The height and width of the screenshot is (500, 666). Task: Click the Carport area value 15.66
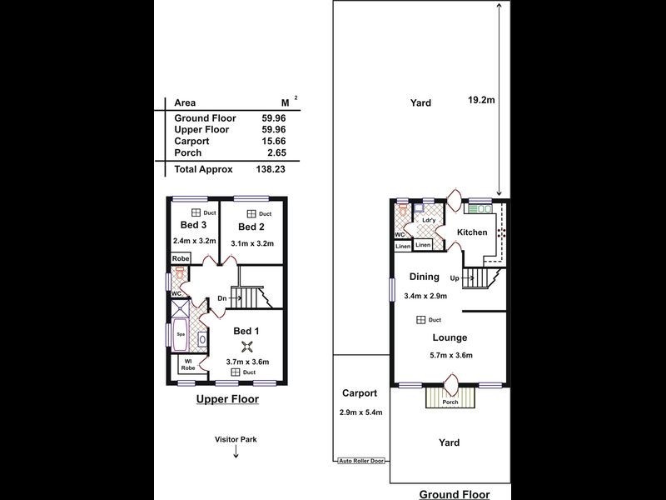(274, 141)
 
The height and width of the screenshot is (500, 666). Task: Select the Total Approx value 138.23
(271, 169)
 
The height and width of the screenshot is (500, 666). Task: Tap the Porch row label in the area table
(188, 152)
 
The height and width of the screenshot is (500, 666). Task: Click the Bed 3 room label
(193, 225)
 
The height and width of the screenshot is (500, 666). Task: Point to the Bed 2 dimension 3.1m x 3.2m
(252, 243)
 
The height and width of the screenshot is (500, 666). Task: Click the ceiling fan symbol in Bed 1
(246, 347)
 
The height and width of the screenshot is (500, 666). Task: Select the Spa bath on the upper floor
(181, 334)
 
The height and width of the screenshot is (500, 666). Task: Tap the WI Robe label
(188, 365)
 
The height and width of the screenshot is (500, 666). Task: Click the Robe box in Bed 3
(181, 258)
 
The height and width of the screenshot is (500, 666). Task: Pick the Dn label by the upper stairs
(222, 298)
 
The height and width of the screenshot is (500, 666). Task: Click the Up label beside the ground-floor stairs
(455, 278)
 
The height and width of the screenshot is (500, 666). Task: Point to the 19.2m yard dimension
(481, 100)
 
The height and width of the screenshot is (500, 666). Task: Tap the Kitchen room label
(472, 232)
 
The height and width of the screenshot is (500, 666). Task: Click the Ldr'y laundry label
(429, 220)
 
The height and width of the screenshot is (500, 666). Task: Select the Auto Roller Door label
(361, 461)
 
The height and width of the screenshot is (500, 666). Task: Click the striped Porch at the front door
(450, 397)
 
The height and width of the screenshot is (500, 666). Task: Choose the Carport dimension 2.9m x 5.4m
(361, 412)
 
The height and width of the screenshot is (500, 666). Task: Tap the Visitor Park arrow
(236, 453)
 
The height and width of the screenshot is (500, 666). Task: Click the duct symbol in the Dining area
(421, 320)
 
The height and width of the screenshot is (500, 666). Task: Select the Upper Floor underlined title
(227, 400)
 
